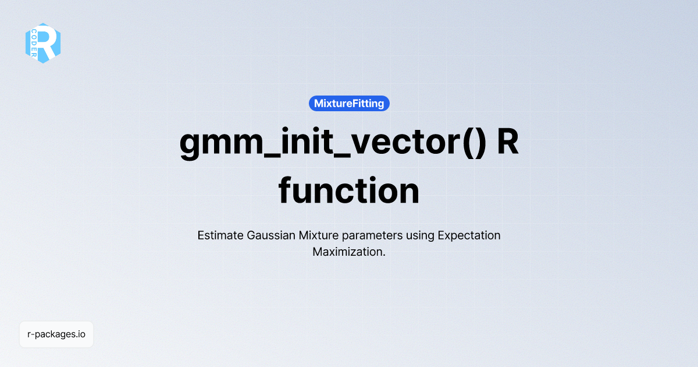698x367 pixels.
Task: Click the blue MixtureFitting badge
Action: point(349,104)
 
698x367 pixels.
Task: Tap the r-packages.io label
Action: point(56,334)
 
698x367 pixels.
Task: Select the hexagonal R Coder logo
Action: point(43,43)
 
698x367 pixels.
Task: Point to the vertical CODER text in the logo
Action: point(34,43)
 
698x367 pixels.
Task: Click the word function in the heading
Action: point(349,190)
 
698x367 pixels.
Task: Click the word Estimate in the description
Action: point(220,236)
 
